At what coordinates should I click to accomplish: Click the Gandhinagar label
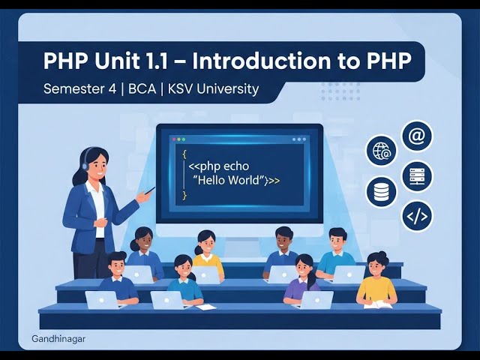[58, 339]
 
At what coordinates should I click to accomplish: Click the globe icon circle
[381, 151]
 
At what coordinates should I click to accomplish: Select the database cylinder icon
[381, 191]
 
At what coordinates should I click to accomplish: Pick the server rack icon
[416, 177]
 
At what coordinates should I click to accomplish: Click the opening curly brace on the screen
[184, 153]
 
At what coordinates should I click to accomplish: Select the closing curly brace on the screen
[184, 195]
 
